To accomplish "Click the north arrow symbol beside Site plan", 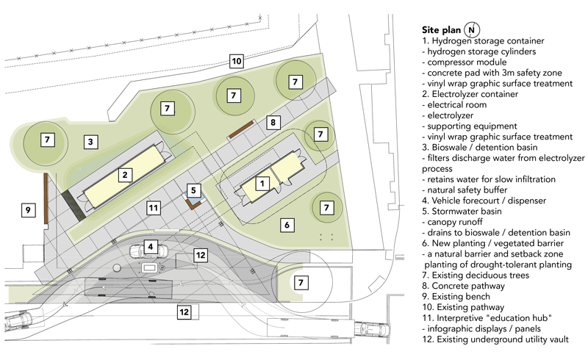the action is (472, 29).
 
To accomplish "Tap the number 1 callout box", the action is (262, 184).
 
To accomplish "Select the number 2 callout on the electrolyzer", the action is (125, 174).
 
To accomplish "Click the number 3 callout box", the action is (90, 142).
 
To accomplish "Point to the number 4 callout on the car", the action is (151, 246).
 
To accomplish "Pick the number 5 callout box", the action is (193, 190).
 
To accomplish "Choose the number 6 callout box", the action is (287, 225).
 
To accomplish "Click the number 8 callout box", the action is (273, 122).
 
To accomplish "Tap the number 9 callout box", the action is (28, 209).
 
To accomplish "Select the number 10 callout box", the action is (236, 61).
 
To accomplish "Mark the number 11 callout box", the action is (154, 208).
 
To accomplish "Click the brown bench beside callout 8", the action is (242, 129).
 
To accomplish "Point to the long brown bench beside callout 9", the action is (46, 198).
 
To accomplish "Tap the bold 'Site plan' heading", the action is (441, 30).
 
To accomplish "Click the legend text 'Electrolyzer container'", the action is (475, 94).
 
